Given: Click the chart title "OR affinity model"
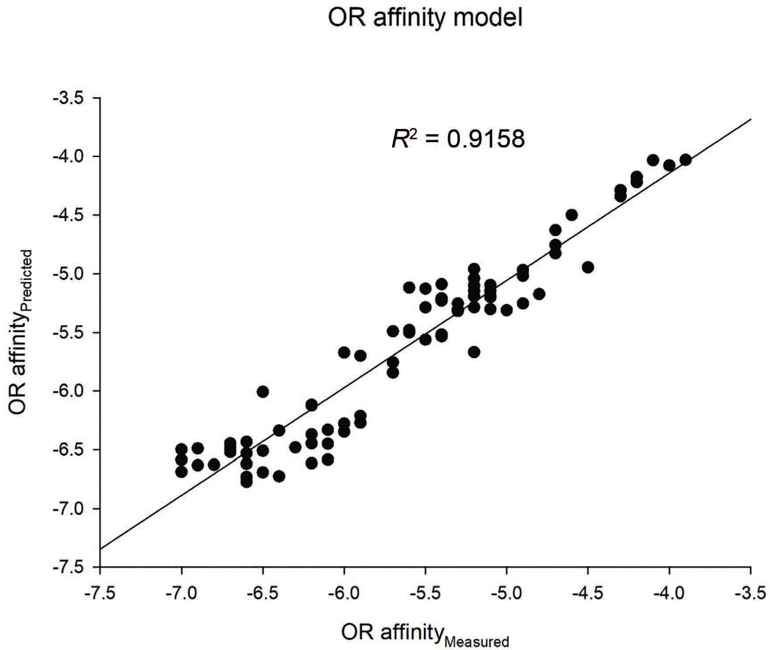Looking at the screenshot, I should tap(425, 19).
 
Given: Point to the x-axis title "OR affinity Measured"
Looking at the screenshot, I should tap(425, 634).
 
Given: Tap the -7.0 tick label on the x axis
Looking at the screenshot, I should tap(181, 594).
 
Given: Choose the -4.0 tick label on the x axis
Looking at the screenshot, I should tap(669, 594).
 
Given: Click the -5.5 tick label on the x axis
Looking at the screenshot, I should tap(425, 594).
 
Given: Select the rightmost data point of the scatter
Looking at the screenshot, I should tap(685, 160).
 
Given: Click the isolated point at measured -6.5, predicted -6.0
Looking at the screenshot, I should tap(263, 392).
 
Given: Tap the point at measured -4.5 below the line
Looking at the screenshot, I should tap(588, 267).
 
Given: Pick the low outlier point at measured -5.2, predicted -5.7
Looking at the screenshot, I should tap(474, 352).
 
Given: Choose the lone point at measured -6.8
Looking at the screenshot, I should tap(214, 465).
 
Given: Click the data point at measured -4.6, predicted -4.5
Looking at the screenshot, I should tap(572, 215).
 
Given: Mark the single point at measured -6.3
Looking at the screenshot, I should tap(295, 447).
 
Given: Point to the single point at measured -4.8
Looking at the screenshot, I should tap(539, 294).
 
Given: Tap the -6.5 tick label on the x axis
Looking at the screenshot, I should tap(263, 594).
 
